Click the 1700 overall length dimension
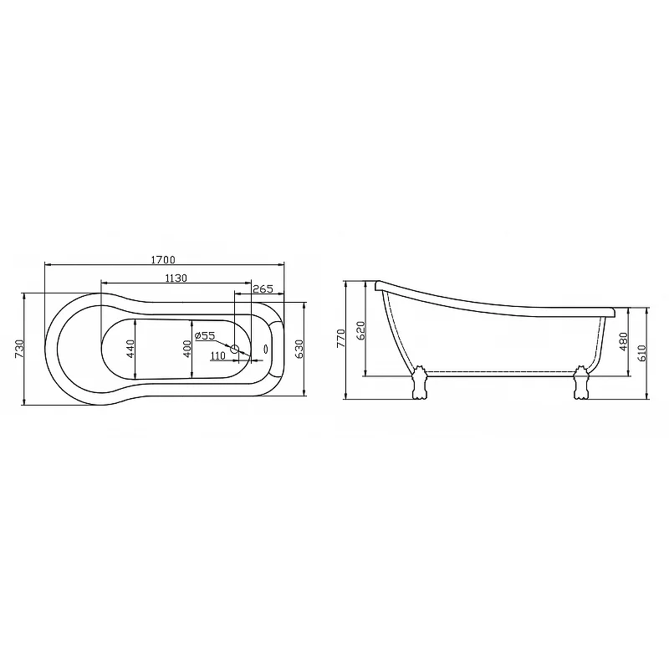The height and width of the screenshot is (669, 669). point(163,259)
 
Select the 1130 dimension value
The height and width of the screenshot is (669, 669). point(175,278)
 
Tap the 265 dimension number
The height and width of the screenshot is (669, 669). point(263,289)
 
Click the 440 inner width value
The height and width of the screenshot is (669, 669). point(130,348)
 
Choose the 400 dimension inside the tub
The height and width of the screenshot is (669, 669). point(187,348)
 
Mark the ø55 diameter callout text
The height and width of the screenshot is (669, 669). point(205,335)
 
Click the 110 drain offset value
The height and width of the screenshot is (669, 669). point(217,356)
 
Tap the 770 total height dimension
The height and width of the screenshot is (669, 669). point(340,339)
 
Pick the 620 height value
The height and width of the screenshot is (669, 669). point(360,332)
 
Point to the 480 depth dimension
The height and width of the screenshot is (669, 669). point(624,343)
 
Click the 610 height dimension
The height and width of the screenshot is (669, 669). point(642,352)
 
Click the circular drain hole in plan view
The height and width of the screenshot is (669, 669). point(235,349)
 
